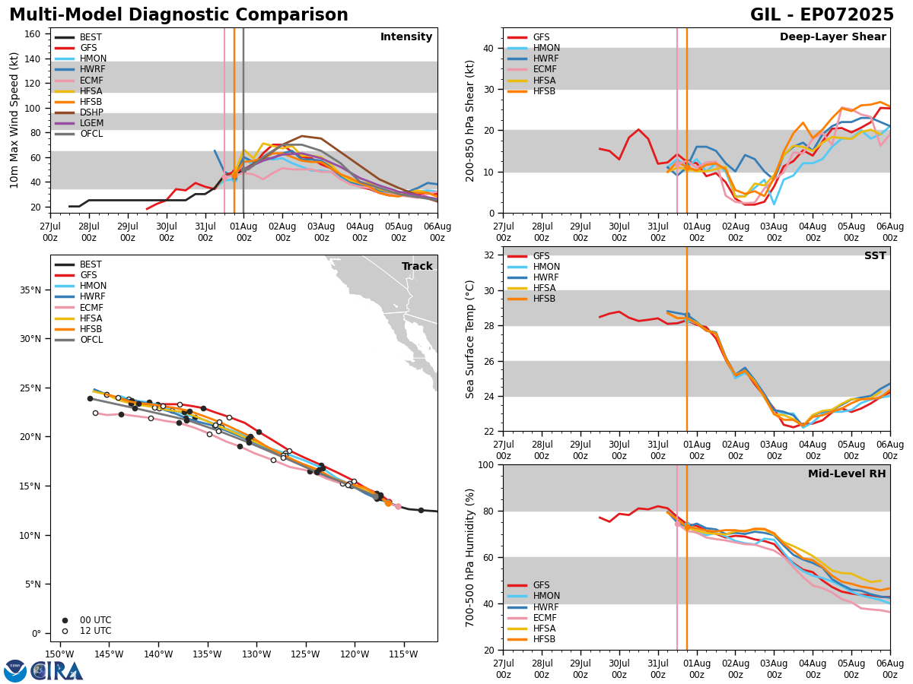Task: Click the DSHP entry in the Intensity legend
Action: click(x=91, y=112)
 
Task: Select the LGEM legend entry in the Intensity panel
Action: click(x=91, y=123)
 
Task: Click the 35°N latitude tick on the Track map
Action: click(x=30, y=290)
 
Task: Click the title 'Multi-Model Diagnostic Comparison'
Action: click(x=179, y=15)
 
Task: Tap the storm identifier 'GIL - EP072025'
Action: click(x=822, y=15)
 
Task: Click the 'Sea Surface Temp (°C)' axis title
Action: click(x=471, y=338)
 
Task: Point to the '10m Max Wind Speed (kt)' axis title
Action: click(x=14, y=120)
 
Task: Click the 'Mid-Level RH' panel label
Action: click(x=847, y=474)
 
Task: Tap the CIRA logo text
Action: click(x=57, y=671)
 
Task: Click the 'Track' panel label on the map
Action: click(x=417, y=266)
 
